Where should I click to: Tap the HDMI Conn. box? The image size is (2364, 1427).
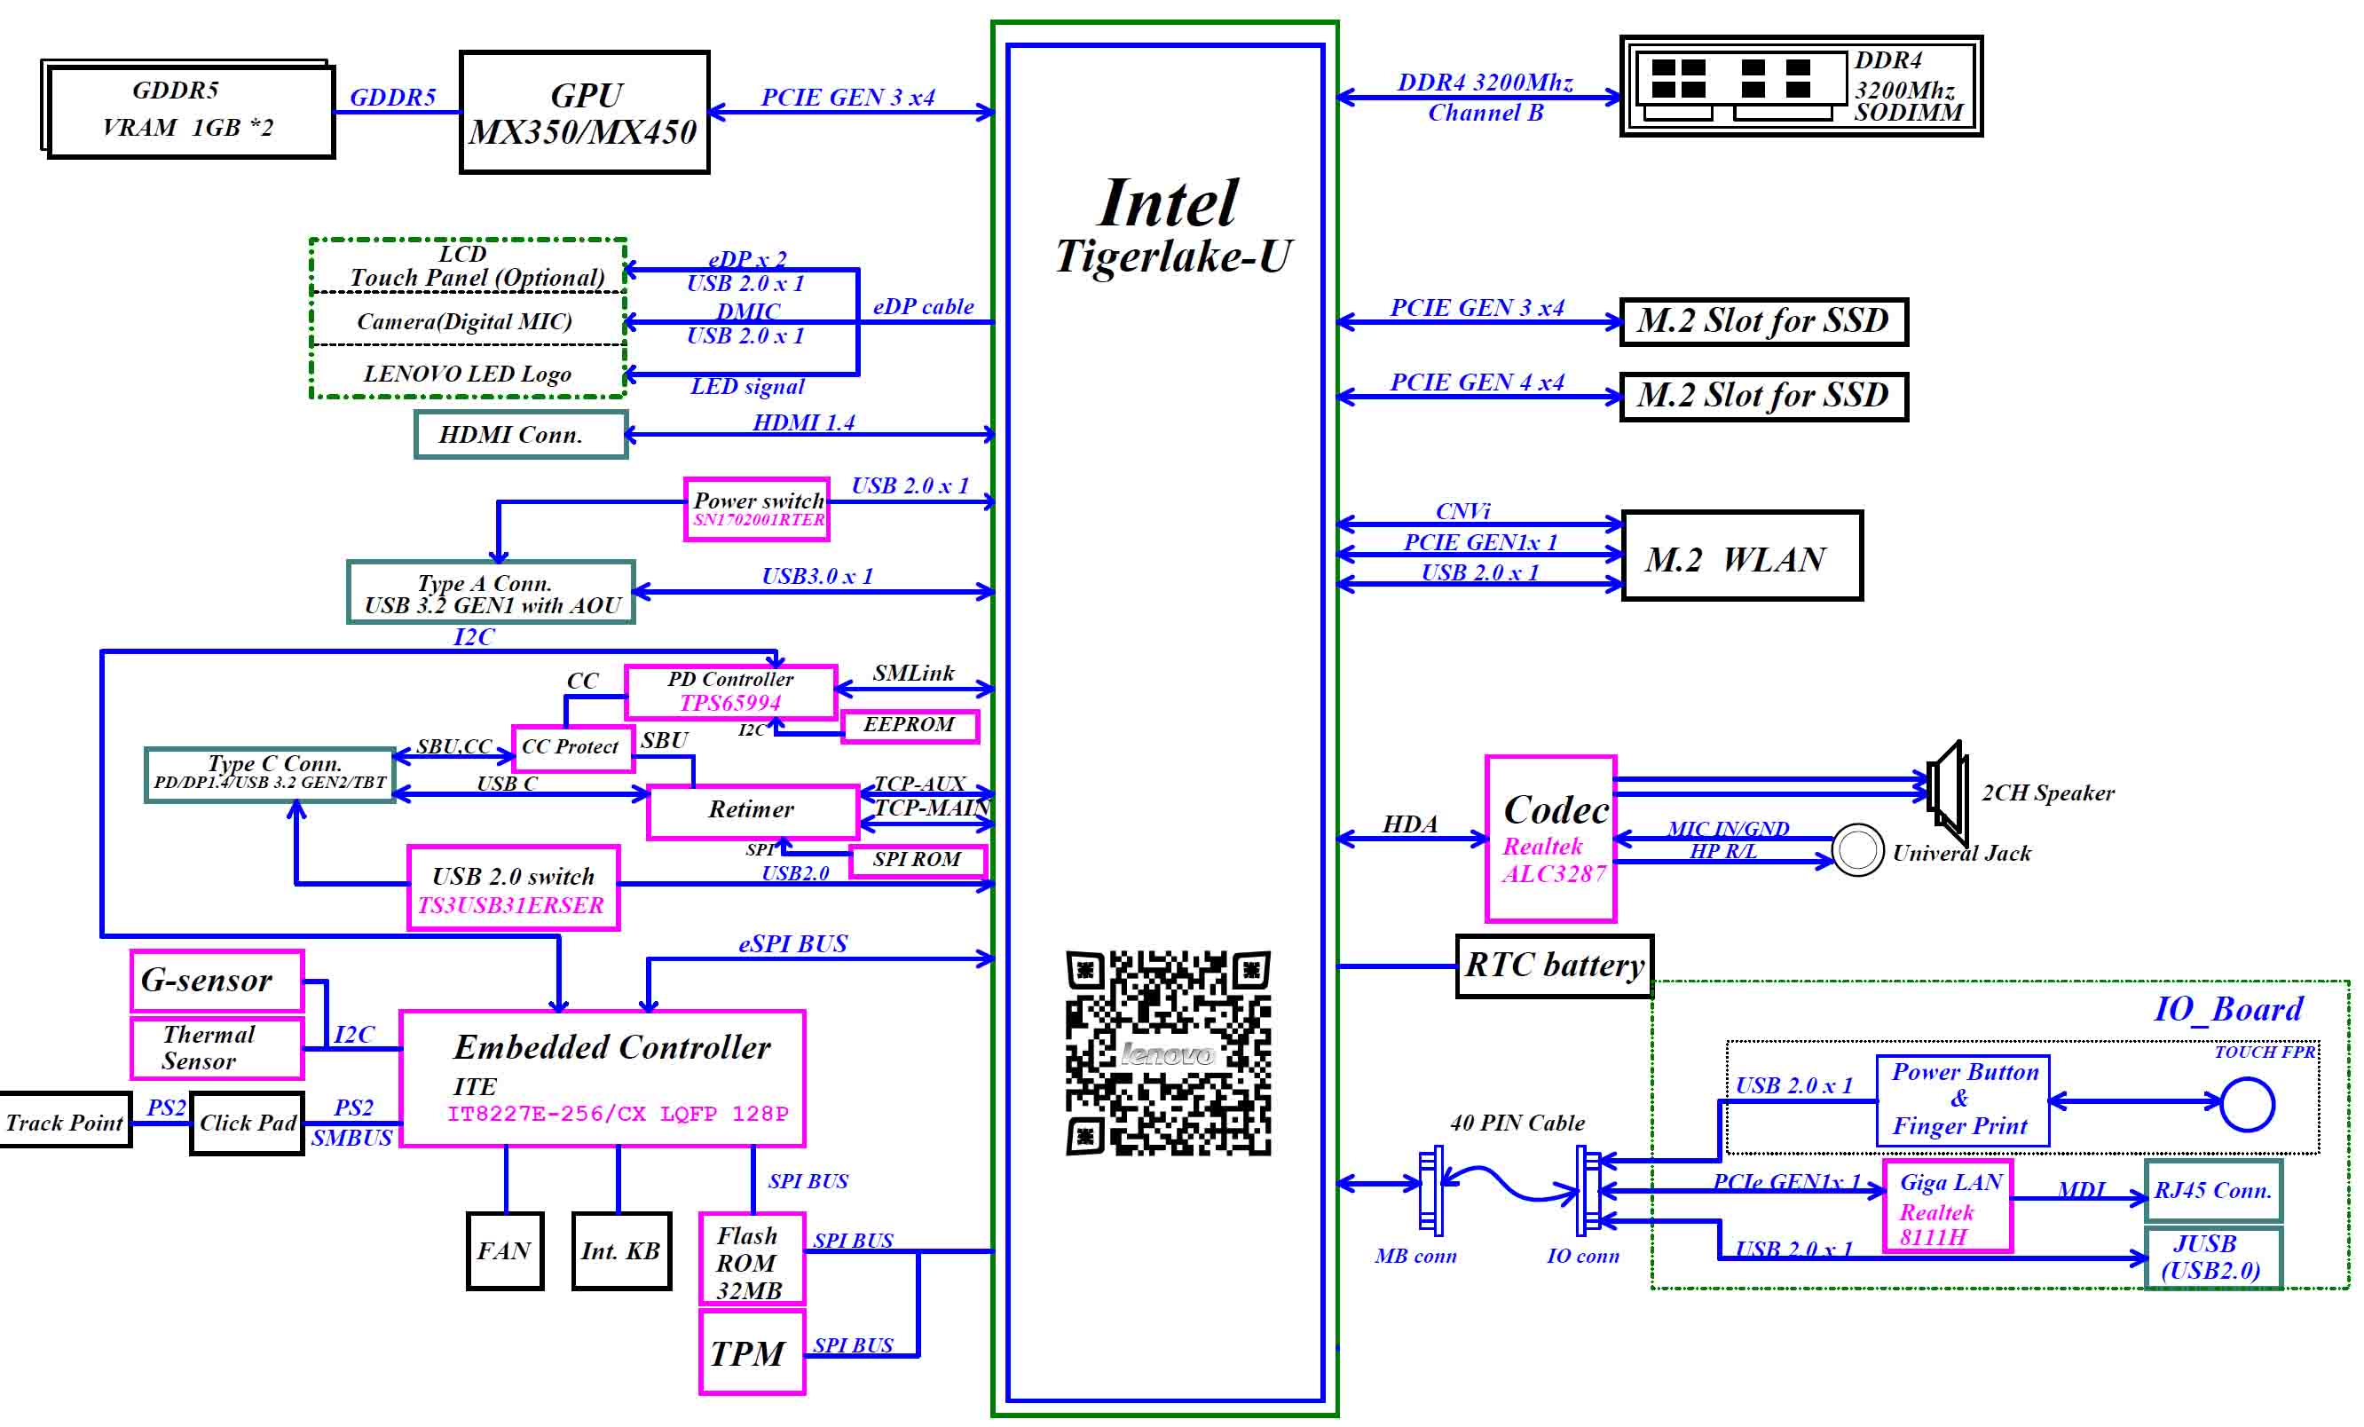point(520,435)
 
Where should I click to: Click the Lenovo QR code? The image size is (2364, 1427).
point(1168,1053)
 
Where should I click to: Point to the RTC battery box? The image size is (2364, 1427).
point(1553,966)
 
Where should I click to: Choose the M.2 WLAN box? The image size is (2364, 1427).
point(1741,556)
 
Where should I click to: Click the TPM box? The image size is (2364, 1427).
point(752,1352)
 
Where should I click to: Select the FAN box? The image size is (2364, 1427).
point(505,1250)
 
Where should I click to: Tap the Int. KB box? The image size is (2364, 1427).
point(621,1250)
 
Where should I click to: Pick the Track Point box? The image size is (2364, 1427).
point(64,1121)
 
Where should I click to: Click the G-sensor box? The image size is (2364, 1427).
point(217,980)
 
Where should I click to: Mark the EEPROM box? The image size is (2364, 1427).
point(910,726)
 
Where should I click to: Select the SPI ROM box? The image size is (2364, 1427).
point(918,860)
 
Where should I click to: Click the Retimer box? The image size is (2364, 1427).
point(753,811)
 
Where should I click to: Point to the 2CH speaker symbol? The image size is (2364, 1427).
point(1948,791)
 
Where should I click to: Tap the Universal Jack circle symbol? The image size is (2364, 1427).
point(1857,850)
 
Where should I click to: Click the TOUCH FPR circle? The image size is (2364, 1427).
point(2247,1104)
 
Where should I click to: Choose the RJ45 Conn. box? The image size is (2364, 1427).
point(2212,1190)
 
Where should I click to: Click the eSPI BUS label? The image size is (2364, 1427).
point(792,944)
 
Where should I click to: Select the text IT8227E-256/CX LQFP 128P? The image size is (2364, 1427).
point(617,1113)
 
